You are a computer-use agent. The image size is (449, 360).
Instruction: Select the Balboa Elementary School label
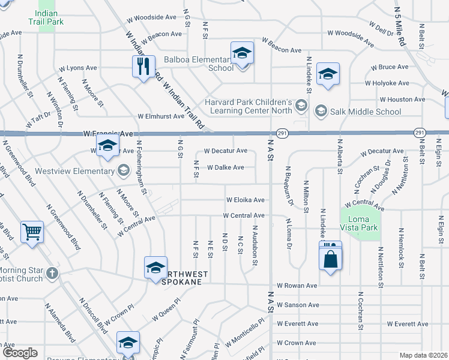[199, 64]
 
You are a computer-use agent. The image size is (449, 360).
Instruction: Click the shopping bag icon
[330, 260]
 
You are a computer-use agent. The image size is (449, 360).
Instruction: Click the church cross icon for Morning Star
[52, 273]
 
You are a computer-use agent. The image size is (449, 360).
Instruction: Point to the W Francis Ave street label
[104, 133]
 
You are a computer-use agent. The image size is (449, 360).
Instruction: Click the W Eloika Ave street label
[245, 200]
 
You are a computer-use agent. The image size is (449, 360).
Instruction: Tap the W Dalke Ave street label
[226, 167]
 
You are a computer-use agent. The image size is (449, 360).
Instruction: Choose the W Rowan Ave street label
[297, 286]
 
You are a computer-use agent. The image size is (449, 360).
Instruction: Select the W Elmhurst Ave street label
[160, 116]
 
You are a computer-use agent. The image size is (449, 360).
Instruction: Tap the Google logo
[20, 353]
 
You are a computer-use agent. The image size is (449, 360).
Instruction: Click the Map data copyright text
[423, 355]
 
